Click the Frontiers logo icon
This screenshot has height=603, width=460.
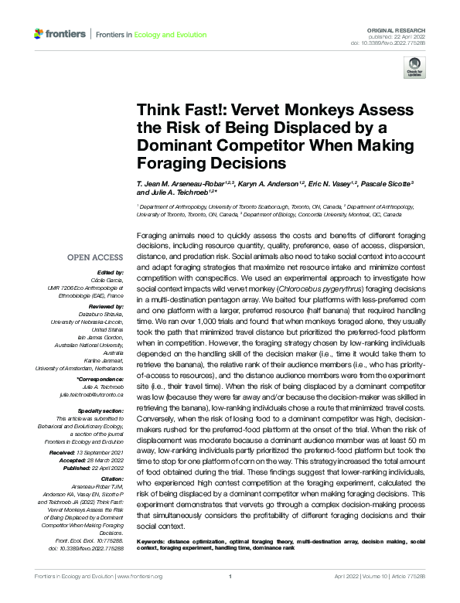(x=39, y=34)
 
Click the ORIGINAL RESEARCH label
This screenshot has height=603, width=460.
(x=397, y=28)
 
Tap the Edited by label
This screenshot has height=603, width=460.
(x=111, y=273)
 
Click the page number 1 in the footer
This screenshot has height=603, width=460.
(x=230, y=576)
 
